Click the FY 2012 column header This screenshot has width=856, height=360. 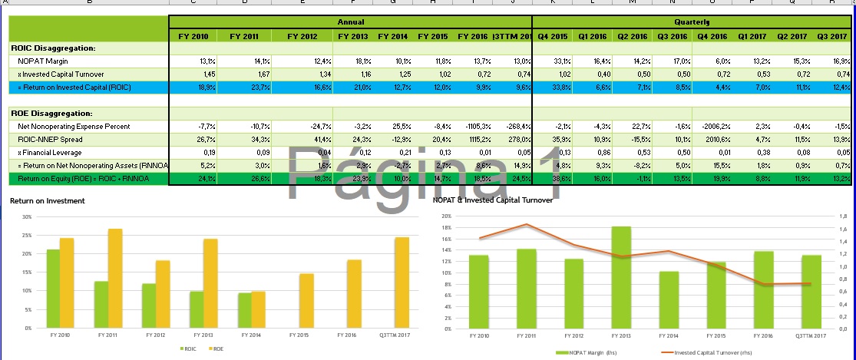(x=302, y=36)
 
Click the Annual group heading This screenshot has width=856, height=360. (x=350, y=23)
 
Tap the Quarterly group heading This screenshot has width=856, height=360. (x=692, y=23)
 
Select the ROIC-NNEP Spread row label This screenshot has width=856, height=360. (x=51, y=140)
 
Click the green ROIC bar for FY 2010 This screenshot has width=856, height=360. (x=53, y=289)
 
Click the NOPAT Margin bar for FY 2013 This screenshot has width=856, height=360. (x=623, y=277)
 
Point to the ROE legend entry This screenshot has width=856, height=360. (x=216, y=349)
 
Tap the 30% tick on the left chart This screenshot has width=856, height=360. (x=28, y=216)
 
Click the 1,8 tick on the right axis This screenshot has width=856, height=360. (x=841, y=216)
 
